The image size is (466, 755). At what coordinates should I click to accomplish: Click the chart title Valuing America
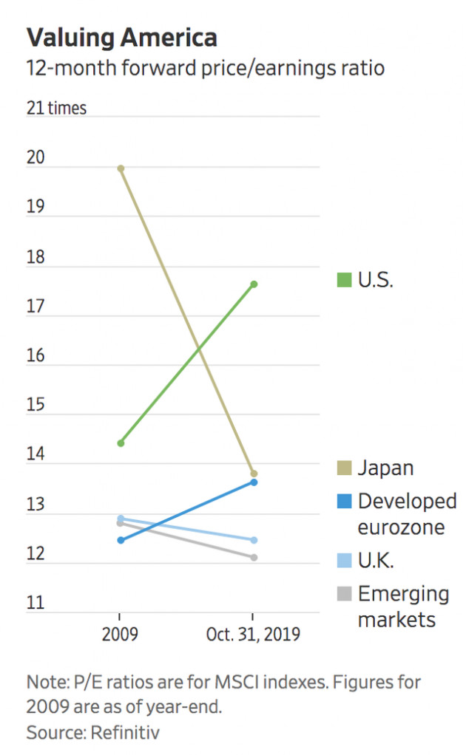click(122, 37)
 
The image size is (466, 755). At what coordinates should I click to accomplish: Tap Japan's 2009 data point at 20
click(121, 168)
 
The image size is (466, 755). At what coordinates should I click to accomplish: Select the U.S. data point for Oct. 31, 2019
click(254, 284)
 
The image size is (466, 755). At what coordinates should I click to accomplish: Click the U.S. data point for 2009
click(121, 443)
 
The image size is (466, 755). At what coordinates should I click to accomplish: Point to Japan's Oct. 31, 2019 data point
click(254, 474)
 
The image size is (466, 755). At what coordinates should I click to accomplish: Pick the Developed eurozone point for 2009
click(121, 540)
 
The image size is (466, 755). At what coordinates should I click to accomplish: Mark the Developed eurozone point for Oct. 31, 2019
click(254, 482)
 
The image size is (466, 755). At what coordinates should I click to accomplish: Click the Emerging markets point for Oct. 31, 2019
click(254, 557)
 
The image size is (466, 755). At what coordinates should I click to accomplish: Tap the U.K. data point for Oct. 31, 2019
click(254, 540)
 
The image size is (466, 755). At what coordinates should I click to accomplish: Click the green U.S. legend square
click(344, 281)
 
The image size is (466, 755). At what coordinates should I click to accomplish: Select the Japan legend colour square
click(344, 468)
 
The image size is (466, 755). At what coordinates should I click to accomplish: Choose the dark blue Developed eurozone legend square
click(344, 501)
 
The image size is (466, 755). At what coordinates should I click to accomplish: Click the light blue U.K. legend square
click(344, 561)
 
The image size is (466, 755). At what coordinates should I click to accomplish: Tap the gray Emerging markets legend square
click(344, 594)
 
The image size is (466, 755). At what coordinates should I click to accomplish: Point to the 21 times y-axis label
click(57, 109)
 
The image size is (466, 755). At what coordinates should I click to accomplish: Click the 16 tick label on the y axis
click(36, 356)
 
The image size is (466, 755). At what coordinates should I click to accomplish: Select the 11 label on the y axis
click(36, 603)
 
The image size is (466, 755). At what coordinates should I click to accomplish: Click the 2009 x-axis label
click(121, 635)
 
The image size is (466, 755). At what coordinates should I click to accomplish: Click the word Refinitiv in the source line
click(126, 733)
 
